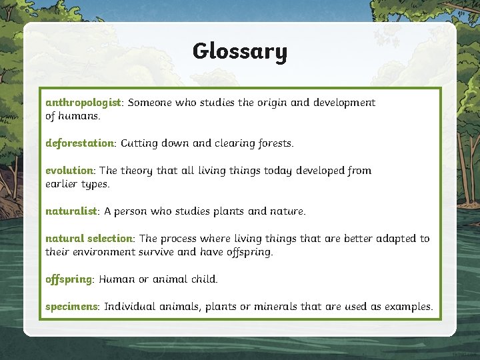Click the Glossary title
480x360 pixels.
click(239, 52)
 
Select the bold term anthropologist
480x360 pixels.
click(83, 103)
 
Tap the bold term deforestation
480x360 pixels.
click(79, 143)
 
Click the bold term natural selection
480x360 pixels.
click(89, 239)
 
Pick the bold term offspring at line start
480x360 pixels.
click(68, 279)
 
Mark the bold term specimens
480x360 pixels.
click(72, 307)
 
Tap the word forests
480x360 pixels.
click(274, 143)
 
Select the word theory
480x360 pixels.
click(137, 171)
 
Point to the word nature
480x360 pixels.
click(287, 211)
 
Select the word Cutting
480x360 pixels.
click(139, 143)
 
